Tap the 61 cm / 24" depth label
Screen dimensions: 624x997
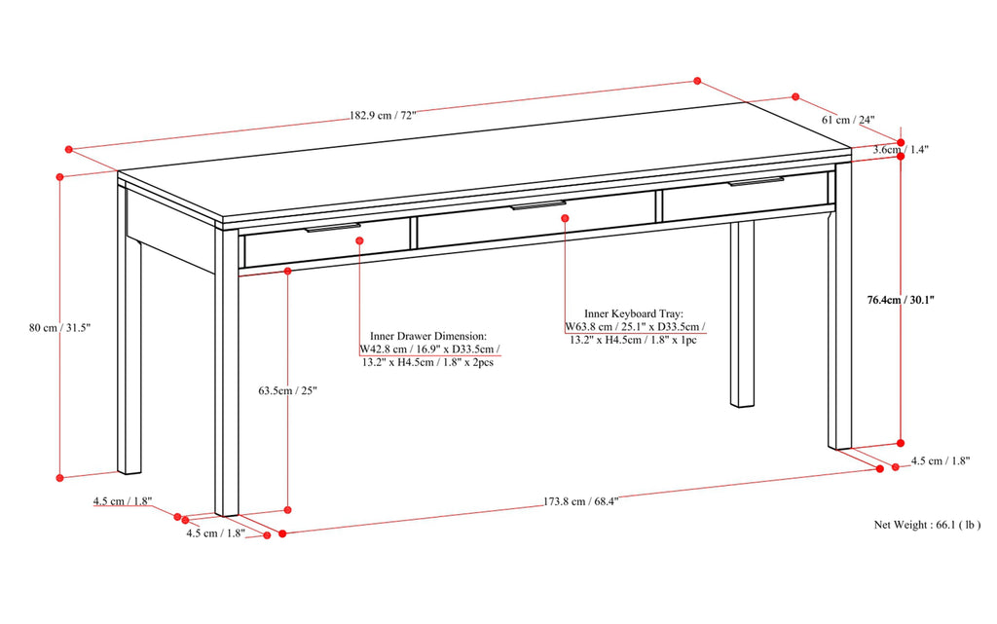pyautogui.click(x=849, y=120)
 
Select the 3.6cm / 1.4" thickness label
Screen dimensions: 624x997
pyautogui.click(x=901, y=150)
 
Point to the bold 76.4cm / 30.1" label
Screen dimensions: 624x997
pyautogui.click(x=901, y=300)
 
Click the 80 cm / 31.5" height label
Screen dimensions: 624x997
pyautogui.click(x=59, y=328)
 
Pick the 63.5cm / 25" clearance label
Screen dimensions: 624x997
pyautogui.click(x=287, y=390)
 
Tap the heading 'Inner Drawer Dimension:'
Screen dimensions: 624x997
pyautogui.click(x=428, y=333)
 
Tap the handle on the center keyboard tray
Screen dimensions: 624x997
pyautogui.click(x=538, y=205)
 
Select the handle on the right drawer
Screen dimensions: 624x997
pyautogui.click(x=755, y=182)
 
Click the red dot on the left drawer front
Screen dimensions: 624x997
pyautogui.click(x=359, y=239)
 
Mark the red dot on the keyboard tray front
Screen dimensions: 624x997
pyautogui.click(x=565, y=218)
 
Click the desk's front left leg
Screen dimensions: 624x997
pyautogui.click(x=227, y=389)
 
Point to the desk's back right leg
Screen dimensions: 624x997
pyautogui.click(x=743, y=312)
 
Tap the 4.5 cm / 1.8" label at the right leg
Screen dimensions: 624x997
pyautogui.click(x=941, y=461)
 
